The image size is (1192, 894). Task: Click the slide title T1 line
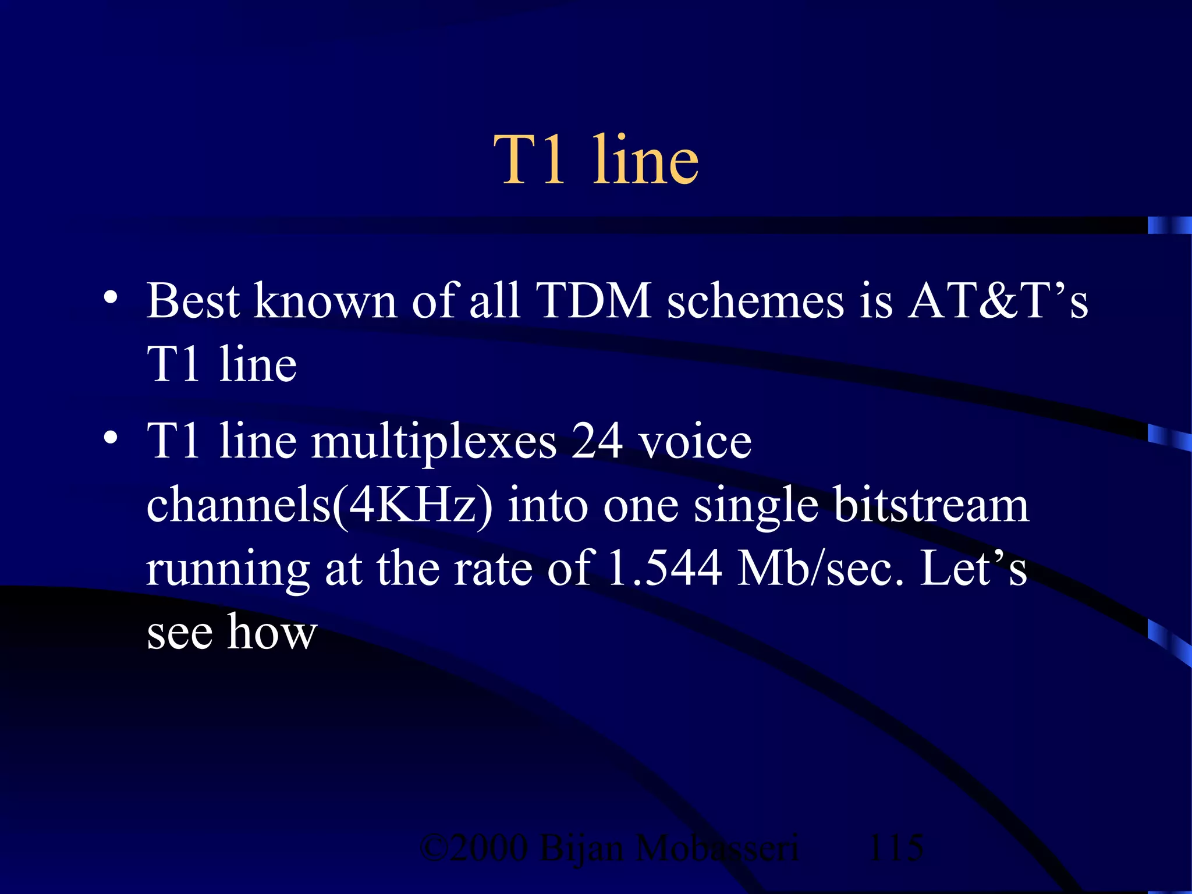[596, 160]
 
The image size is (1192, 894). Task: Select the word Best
[193, 301]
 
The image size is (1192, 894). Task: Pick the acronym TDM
[595, 301]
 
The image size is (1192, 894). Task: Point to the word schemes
[755, 301]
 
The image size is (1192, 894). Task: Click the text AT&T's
[998, 301]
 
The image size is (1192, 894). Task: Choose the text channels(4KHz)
[320, 506]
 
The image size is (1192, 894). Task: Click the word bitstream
[931, 505]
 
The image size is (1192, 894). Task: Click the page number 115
[895, 847]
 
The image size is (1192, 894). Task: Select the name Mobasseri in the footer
[717, 847]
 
